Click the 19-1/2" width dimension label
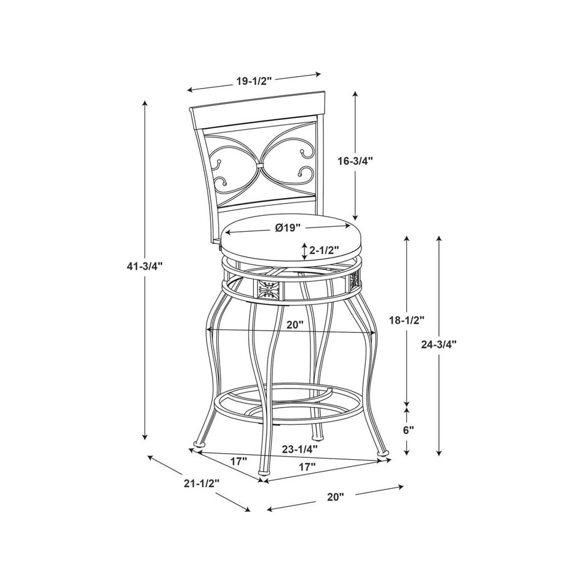coord(253,80)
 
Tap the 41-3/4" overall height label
coord(144,266)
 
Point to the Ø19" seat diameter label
coord(287,227)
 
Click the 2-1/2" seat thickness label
coord(325,250)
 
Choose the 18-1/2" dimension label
coord(406,320)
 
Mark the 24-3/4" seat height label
coord(439,344)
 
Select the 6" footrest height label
coord(409,430)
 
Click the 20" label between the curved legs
coord(294,325)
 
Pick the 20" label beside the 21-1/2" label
coord(336,497)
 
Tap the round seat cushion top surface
coord(289,237)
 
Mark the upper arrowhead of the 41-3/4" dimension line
coord(144,103)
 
